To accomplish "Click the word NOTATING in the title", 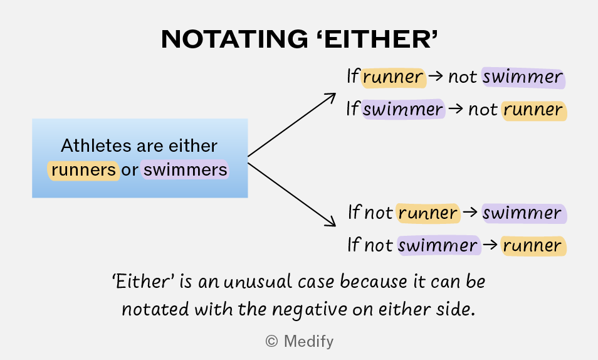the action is coord(234,39).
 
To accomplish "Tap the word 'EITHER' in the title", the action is coord(377,39).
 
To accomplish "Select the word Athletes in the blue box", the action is coord(97,146).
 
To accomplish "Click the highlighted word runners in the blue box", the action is coord(83,170).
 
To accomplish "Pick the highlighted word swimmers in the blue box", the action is coord(186,170).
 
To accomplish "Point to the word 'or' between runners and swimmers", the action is coord(130,171).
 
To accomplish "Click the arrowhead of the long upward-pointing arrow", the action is coord(330,97).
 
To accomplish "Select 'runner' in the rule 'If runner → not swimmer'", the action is coord(393,78).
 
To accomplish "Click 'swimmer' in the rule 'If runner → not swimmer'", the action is coord(523,78).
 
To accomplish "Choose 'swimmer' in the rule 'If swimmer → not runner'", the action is coord(402,110).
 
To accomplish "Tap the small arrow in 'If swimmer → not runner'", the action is coord(456,109).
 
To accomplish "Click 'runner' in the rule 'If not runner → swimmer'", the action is coord(428,213).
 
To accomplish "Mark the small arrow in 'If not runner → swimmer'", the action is coord(470,212).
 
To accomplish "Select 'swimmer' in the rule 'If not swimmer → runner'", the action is coord(438,245).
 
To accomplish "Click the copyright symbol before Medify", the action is coord(271,341).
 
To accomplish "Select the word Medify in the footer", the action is coord(308,341).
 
